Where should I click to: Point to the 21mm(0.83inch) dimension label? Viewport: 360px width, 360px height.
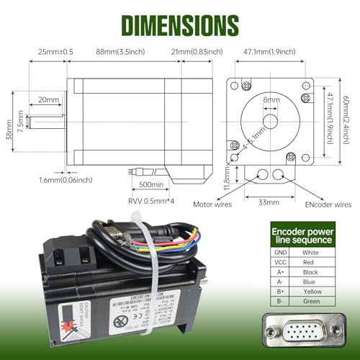tap(197, 52)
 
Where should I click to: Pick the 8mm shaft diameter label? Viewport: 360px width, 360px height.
tap(271, 100)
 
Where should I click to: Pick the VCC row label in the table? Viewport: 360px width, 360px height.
tap(279, 263)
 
